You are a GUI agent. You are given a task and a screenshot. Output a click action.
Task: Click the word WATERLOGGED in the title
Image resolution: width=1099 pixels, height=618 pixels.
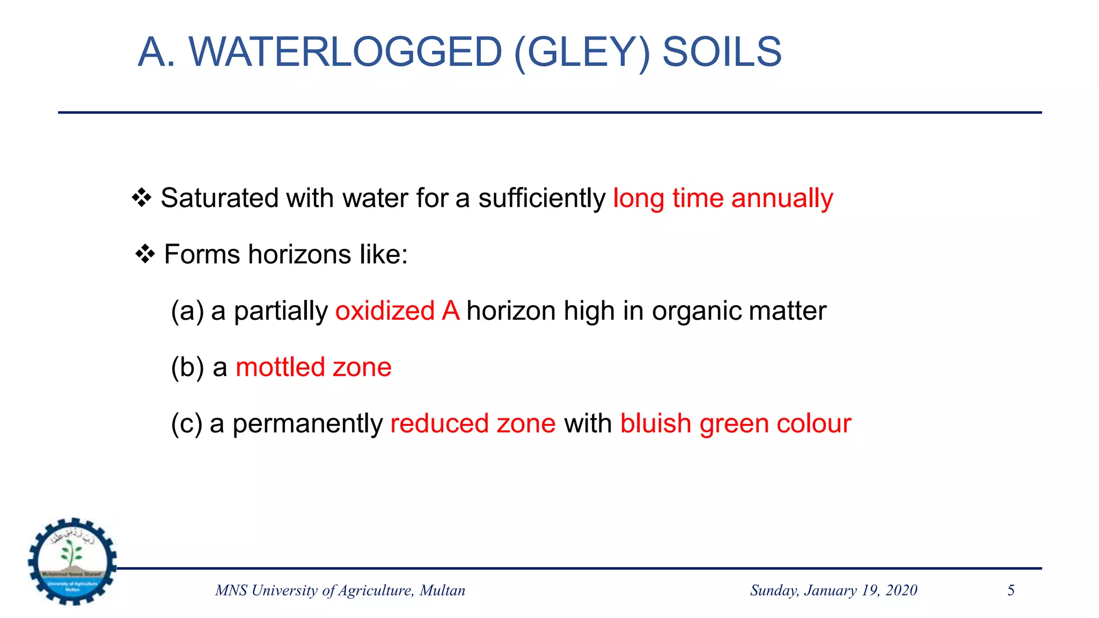pos(345,52)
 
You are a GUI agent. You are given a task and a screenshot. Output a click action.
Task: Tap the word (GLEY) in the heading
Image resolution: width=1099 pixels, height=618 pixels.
pos(582,52)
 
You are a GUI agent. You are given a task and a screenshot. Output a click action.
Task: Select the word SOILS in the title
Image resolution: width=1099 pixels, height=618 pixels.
pos(722,52)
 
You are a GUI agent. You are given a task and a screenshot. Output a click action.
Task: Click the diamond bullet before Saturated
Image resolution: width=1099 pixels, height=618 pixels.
pos(142,198)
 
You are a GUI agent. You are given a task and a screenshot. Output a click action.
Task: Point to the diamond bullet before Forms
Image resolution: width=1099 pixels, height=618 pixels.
pos(145,254)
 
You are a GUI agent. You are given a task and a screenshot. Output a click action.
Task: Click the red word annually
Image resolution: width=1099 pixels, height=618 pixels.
pos(782,198)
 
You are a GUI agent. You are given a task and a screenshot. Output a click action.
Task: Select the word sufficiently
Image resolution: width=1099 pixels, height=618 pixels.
pos(541,198)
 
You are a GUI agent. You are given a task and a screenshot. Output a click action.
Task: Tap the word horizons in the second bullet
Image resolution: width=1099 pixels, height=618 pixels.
pos(299,254)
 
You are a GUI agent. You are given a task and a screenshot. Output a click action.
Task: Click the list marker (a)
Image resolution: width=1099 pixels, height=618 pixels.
pos(187,311)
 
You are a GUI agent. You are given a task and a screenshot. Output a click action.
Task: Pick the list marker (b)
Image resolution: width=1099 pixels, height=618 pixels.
pos(187,367)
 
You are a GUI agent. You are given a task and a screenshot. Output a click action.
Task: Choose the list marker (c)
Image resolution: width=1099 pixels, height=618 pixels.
pos(187,424)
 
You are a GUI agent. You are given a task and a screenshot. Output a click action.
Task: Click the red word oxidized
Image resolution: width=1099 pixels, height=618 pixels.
pos(385,311)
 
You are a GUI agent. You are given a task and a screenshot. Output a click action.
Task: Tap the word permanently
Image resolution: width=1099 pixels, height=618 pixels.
pos(307,424)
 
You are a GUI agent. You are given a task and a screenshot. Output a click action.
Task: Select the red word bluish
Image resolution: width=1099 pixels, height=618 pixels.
pos(655,424)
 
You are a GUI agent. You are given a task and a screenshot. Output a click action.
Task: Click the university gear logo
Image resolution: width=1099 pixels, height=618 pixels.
pos(72,562)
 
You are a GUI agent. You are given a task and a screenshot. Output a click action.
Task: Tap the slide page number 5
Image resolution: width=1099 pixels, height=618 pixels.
pos(1011,591)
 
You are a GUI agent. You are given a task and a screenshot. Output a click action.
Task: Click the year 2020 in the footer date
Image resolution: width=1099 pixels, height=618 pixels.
pos(902,591)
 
